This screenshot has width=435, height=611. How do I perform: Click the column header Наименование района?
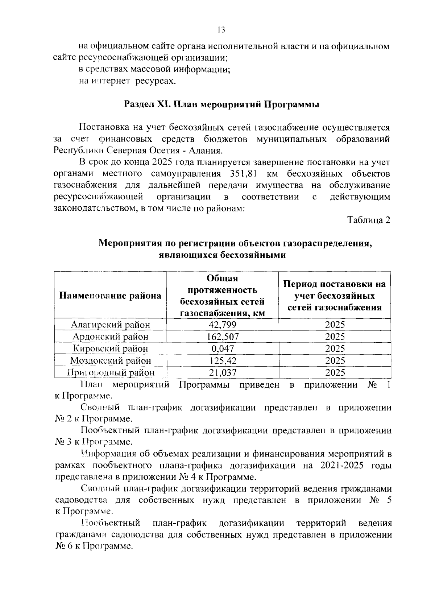point(110,295)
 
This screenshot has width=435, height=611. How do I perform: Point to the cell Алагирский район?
point(110,325)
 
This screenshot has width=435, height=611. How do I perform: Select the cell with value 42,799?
point(223,325)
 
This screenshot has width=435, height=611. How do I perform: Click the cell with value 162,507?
point(223,337)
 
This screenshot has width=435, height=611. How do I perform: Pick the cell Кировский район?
point(110,348)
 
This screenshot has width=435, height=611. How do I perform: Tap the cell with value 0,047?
point(223,348)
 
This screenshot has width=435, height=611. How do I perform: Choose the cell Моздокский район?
point(110,360)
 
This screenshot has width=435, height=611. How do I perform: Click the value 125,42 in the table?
point(223,360)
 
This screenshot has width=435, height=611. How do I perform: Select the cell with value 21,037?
point(223,372)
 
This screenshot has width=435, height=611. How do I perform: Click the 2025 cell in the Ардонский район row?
point(335,337)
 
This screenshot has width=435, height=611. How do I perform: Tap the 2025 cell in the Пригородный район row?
point(335,372)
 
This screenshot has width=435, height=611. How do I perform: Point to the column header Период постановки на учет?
point(335,296)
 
